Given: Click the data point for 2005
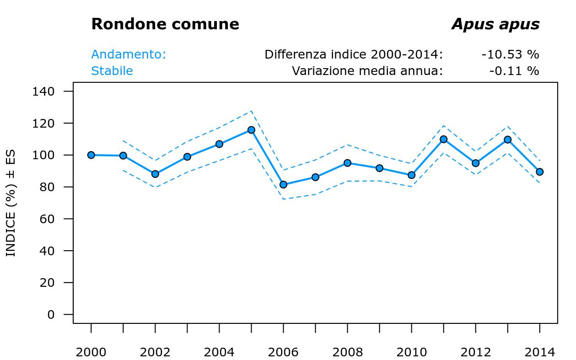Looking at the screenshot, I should click(x=251, y=130).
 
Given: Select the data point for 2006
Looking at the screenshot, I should click(x=283, y=185).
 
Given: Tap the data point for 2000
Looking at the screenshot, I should click(x=91, y=155).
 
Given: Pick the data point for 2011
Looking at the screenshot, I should click(x=443, y=139).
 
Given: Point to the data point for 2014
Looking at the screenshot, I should click(x=539, y=172).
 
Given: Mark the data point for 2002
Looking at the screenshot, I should click(x=155, y=174).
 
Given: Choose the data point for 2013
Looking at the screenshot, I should click(x=507, y=140).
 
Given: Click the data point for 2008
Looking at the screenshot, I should click(x=347, y=163).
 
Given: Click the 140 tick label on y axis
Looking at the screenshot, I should click(x=43, y=91).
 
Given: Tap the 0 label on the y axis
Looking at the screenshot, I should click(x=51, y=315).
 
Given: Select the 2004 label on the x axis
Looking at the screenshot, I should click(x=219, y=353).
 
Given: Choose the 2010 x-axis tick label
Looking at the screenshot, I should click(x=411, y=353).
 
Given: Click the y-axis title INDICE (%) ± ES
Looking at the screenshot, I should click(x=11, y=203).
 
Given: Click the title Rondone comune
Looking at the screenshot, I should click(x=165, y=24).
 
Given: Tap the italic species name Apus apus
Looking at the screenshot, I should click(x=495, y=24).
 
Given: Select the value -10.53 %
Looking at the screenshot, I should click(x=510, y=55).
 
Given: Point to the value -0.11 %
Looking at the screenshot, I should click(x=514, y=71).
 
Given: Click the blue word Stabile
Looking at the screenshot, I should click(x=112, y=71).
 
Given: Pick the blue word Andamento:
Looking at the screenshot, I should click(x=129, y=55).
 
